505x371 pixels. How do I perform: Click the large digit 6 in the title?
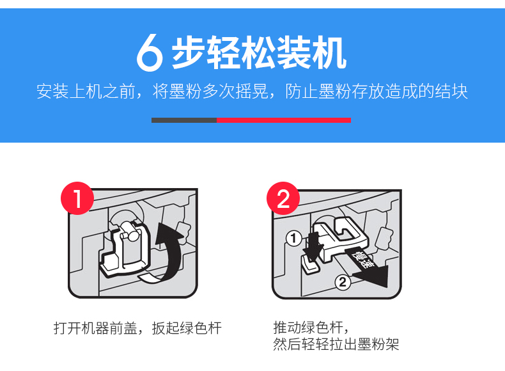coord(150,52)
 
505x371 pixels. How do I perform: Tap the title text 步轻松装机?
coord(260,52)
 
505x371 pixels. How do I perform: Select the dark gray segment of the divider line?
coord(184,120)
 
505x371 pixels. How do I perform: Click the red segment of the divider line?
coord(284,120)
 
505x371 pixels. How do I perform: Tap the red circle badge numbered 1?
coord(77,198)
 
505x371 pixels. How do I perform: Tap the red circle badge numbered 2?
coord(283,198)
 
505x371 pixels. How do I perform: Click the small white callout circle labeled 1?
coord(293,239)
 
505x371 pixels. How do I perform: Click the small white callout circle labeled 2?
coord(343,282)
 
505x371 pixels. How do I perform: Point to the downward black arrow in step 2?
coord(313,246)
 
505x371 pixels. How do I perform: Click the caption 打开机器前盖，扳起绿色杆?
coord(137,328)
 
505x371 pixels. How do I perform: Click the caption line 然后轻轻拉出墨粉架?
coord(336,344)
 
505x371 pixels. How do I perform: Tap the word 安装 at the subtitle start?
coord(52,91)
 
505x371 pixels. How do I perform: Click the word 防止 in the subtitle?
coord(302,91)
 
